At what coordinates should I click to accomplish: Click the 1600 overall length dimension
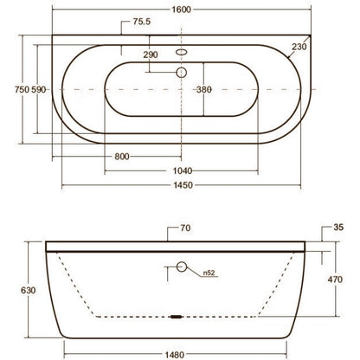point(182,10)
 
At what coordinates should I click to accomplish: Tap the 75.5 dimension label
point(142,22)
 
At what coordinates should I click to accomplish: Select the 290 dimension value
point(151,55)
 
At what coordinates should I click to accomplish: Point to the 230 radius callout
point(299,47)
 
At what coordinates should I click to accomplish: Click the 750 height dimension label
point(22,90)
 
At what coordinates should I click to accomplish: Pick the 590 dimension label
point(38,90)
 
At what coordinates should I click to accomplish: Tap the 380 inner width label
point(204,90)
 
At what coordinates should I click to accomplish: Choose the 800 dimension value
point(122,157)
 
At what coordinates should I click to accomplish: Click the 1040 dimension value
point(183,170)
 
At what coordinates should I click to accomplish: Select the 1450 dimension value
point(183,185)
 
